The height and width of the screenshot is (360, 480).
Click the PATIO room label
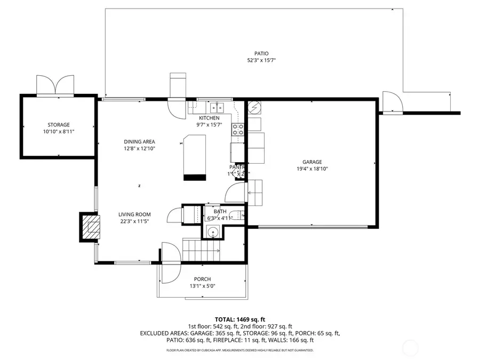[261, 53]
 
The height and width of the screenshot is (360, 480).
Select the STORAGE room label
[58, 125]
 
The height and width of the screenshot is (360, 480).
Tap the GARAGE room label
[312, 162]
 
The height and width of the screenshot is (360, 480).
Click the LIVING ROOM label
[134, 214]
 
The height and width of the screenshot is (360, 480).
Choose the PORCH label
[202, 279]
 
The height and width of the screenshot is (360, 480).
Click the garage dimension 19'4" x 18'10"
[312, 169]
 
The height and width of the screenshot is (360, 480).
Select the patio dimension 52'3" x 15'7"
[261, 60]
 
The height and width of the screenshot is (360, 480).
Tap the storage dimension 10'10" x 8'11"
[58, 132]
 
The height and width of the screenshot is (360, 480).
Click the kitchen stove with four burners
[237, 129]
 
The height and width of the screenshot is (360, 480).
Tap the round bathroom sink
[213, 232]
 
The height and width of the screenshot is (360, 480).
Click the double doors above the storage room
[55, 85]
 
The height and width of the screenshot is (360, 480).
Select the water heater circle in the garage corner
[254, 107]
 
